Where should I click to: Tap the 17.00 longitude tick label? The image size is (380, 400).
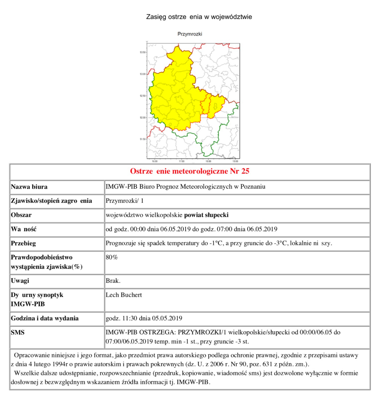click(181, 161)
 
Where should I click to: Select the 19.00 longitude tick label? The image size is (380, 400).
click(235, 161)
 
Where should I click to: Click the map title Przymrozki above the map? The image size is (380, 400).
click(190, 34)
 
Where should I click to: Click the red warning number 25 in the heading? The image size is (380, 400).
click(245, 171)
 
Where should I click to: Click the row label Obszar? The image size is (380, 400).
click(21, 215)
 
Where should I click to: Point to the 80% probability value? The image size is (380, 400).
click(112, 257)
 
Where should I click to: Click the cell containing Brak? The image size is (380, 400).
click(112, 281)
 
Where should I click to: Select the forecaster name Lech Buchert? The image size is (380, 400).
click(124, 295)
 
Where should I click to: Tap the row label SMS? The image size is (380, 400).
click(18, 332)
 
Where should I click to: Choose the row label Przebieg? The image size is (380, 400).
click(23, 243)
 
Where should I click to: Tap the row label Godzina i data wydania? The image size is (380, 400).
click(45, 318)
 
